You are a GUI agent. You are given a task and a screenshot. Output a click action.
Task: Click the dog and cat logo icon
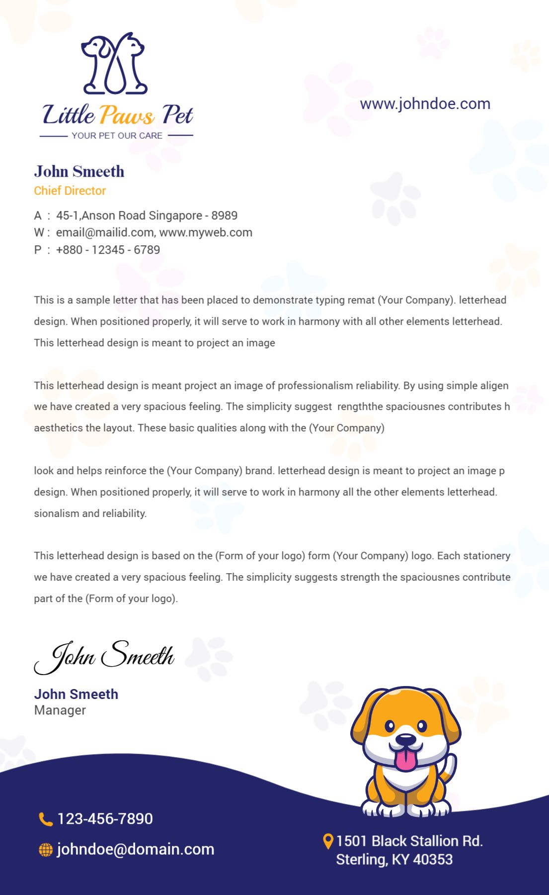click(114, 64)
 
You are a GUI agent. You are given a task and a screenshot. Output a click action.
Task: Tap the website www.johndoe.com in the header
click(425, 103)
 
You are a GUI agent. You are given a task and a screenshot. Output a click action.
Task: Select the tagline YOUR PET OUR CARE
click(117, 135)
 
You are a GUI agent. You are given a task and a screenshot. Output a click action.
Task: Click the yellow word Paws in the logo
click(127, 115)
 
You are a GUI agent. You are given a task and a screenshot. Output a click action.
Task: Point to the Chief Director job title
click(70, 191)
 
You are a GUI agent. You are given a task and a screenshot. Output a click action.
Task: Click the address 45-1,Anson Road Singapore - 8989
click(147, 215)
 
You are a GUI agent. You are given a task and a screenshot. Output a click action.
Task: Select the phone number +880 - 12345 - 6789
click(108, 250)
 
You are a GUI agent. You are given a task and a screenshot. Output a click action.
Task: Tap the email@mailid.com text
click(104, 232)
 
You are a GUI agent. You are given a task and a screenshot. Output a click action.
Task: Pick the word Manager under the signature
click(60, 710)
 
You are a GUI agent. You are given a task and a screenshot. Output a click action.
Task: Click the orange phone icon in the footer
click(45, 819)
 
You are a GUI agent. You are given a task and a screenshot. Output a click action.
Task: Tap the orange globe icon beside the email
click(45, 850)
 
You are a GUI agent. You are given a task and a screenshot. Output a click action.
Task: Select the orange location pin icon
click(327, 841)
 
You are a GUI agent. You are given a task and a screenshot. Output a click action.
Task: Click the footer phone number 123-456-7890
click(105, 819)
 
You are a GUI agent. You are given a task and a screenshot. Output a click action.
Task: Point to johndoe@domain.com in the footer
click(135, 849)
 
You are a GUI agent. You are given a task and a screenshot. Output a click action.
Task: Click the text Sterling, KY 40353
click(394, 859)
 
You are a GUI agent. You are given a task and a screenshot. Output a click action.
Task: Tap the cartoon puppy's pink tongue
click(405, 760)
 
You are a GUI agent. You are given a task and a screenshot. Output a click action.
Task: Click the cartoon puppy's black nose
click(405, 740)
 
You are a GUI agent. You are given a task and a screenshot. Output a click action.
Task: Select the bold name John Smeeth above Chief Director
click(79, 171)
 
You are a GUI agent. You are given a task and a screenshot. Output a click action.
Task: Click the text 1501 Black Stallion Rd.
click(409, 841)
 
